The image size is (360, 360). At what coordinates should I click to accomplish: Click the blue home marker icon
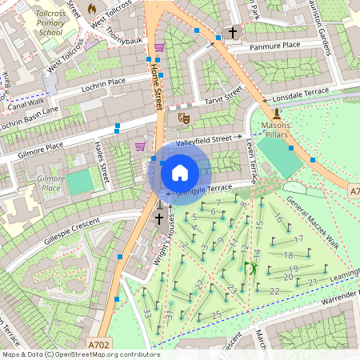[180, 173]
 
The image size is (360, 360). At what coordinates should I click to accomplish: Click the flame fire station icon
[91, 9]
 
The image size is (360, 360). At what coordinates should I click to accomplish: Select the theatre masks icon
[183, 118]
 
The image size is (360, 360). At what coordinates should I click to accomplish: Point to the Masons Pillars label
[277, 131]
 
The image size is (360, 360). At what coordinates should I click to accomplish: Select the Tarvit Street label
[222, 98]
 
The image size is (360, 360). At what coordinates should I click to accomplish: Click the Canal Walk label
[26, 102]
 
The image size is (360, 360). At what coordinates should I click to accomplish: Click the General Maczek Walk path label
[313, 223]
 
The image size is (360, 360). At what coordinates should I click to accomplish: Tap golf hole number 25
[216, 313]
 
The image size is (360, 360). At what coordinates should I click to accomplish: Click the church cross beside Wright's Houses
[158, 218]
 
